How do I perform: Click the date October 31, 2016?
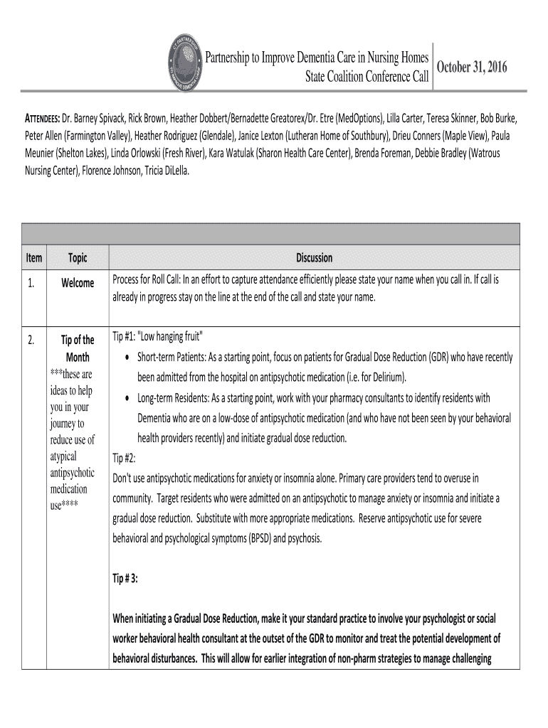[472, 68]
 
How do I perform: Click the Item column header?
[33, 258]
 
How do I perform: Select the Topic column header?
[78, 258]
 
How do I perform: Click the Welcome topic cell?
[78, 283]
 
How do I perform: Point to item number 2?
[31, 340]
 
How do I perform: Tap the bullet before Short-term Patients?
[127, 357]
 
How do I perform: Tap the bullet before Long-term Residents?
[127, 398]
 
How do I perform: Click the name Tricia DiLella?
[166, 171]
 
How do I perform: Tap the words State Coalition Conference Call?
[367, 76]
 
